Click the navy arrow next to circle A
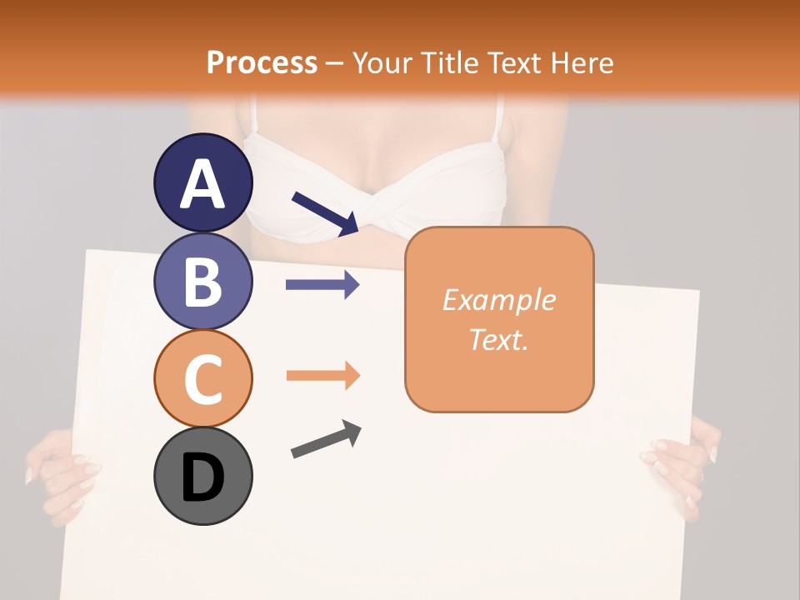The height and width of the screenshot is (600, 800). (325, 212)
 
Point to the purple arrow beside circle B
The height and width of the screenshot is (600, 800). (322, 285)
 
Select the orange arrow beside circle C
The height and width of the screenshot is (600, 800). (322, 376)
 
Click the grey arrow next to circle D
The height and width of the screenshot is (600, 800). (326, 439)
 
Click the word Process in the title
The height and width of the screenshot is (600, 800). (262, 62)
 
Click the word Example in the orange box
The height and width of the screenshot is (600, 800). (499, 300)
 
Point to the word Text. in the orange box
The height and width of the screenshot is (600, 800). (499, 339)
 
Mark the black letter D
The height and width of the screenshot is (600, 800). (202, 477)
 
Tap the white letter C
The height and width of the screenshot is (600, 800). (202, 379)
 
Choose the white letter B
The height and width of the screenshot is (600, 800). (202, 282)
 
